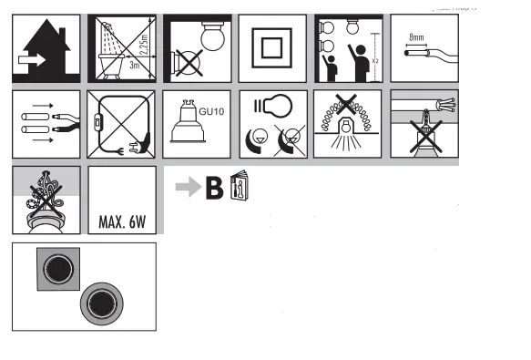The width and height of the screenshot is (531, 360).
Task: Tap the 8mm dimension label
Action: pyautogui.click(x=418, y=38)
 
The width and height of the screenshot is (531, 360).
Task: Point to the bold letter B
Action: pyautogui.click(x=214, y=189)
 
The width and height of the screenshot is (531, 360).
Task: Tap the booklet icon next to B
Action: pyautogui.click(x=239, y=186)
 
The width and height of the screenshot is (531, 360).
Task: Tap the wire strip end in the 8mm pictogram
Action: pyautogui.click(x=417, y=54)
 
